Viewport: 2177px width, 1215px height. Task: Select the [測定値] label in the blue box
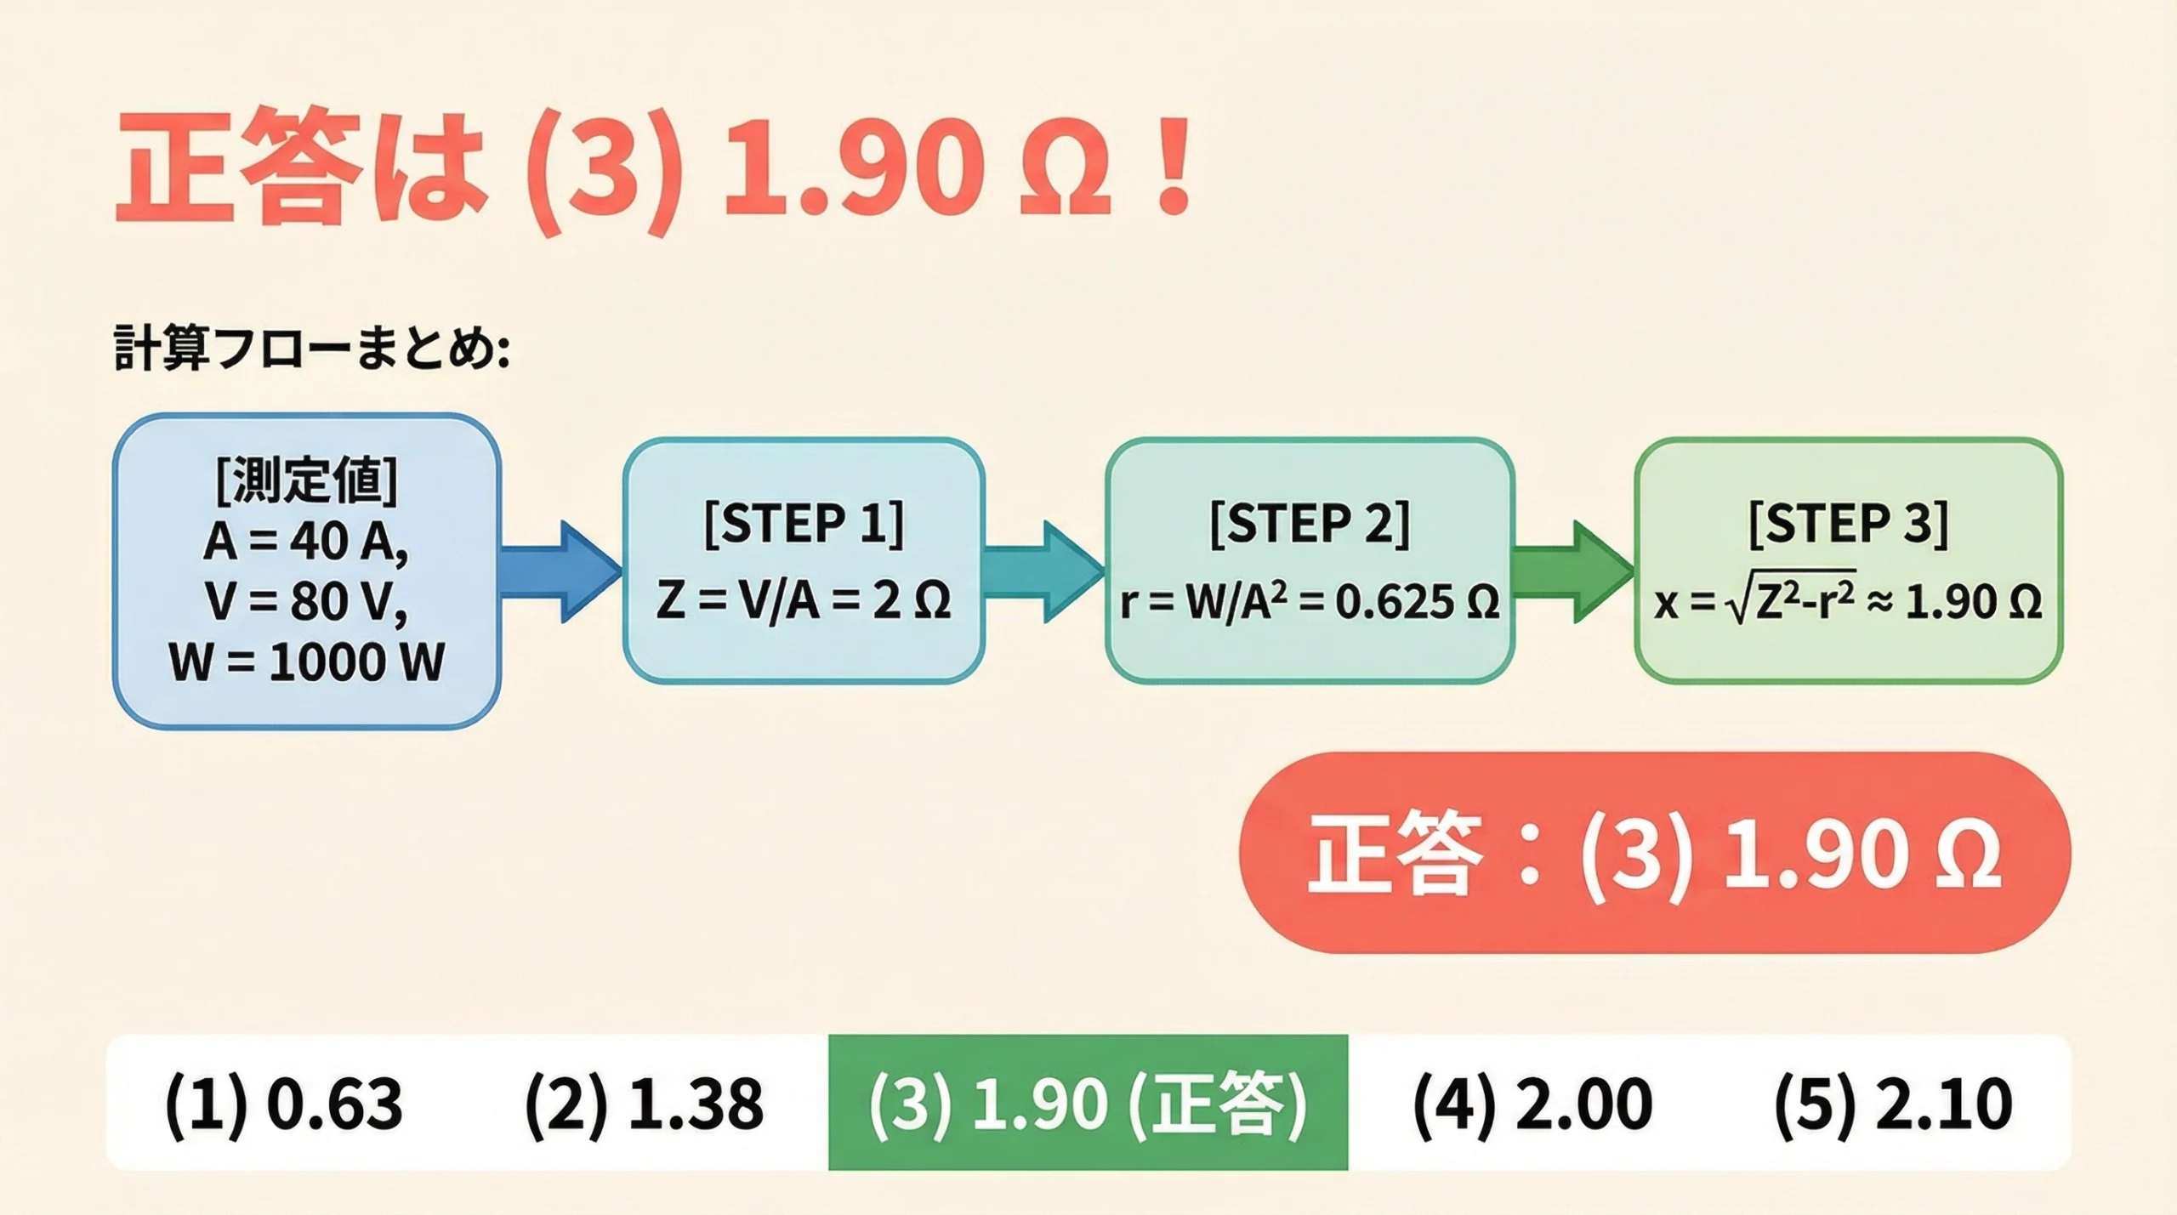[306, 481]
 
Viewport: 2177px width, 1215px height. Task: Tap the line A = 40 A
[306, 542]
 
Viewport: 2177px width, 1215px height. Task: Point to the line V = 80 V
[306, 602]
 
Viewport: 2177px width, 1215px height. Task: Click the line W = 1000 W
[306, 662]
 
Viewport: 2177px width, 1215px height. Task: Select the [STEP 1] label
[804, 524]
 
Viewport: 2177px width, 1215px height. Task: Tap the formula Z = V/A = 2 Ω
[804, 602]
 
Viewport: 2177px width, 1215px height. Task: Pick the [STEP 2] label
[1310, 524]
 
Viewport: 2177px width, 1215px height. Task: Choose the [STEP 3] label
[1848, 524]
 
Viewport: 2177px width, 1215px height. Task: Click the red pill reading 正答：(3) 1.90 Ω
[1654, 853]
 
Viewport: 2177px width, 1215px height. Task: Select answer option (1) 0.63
[283, 1104]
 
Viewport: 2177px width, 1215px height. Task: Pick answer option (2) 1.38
[644, 1104]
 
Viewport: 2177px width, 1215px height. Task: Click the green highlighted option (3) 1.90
[1088, 1104]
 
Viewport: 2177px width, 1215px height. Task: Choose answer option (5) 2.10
[1892, 1104]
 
